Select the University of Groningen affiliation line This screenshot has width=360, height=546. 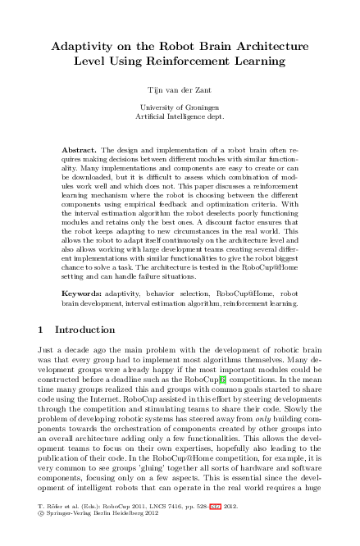(x=180, y=107)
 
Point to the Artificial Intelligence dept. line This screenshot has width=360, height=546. (x=180, y=117)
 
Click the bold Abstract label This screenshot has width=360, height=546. (x=80, y=151)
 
